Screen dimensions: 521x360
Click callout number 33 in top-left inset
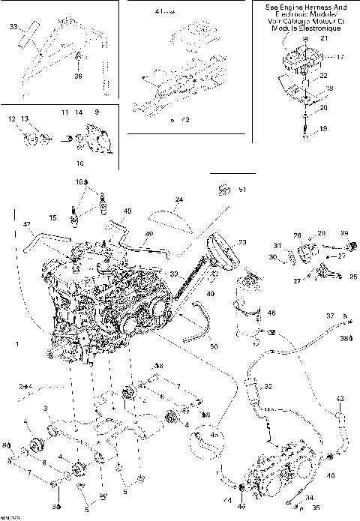point(13,28)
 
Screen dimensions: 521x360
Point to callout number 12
point(12,119)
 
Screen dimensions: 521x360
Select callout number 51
point(241,190)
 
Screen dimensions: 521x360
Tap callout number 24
point(178,200)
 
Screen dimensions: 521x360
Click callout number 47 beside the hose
point(26,224)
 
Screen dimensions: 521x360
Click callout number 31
point(277,247)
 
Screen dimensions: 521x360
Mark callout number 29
point(345,233)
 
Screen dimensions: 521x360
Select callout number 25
point(354,277)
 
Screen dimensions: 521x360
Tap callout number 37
point(328,317)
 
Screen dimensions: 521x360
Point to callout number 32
point(268,387)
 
